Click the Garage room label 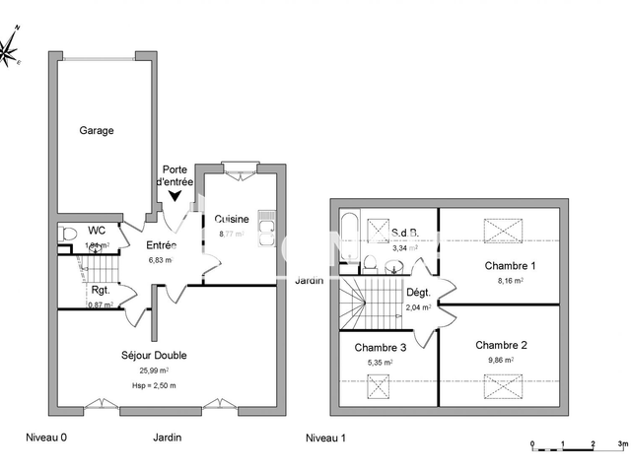pos(97,130)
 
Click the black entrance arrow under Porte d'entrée pos(175,196)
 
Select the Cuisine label pos(231,219)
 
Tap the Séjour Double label pos(154,356)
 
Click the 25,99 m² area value pos(154,370)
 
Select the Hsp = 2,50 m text pos(154,384)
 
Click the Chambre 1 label pos(510,266)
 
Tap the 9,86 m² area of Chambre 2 pos(502,361)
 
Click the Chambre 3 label pos(379,347)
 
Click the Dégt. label pos(418,294)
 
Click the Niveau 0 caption pos(48,438)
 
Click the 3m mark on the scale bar pos(621,445)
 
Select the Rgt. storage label pos(100,290)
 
